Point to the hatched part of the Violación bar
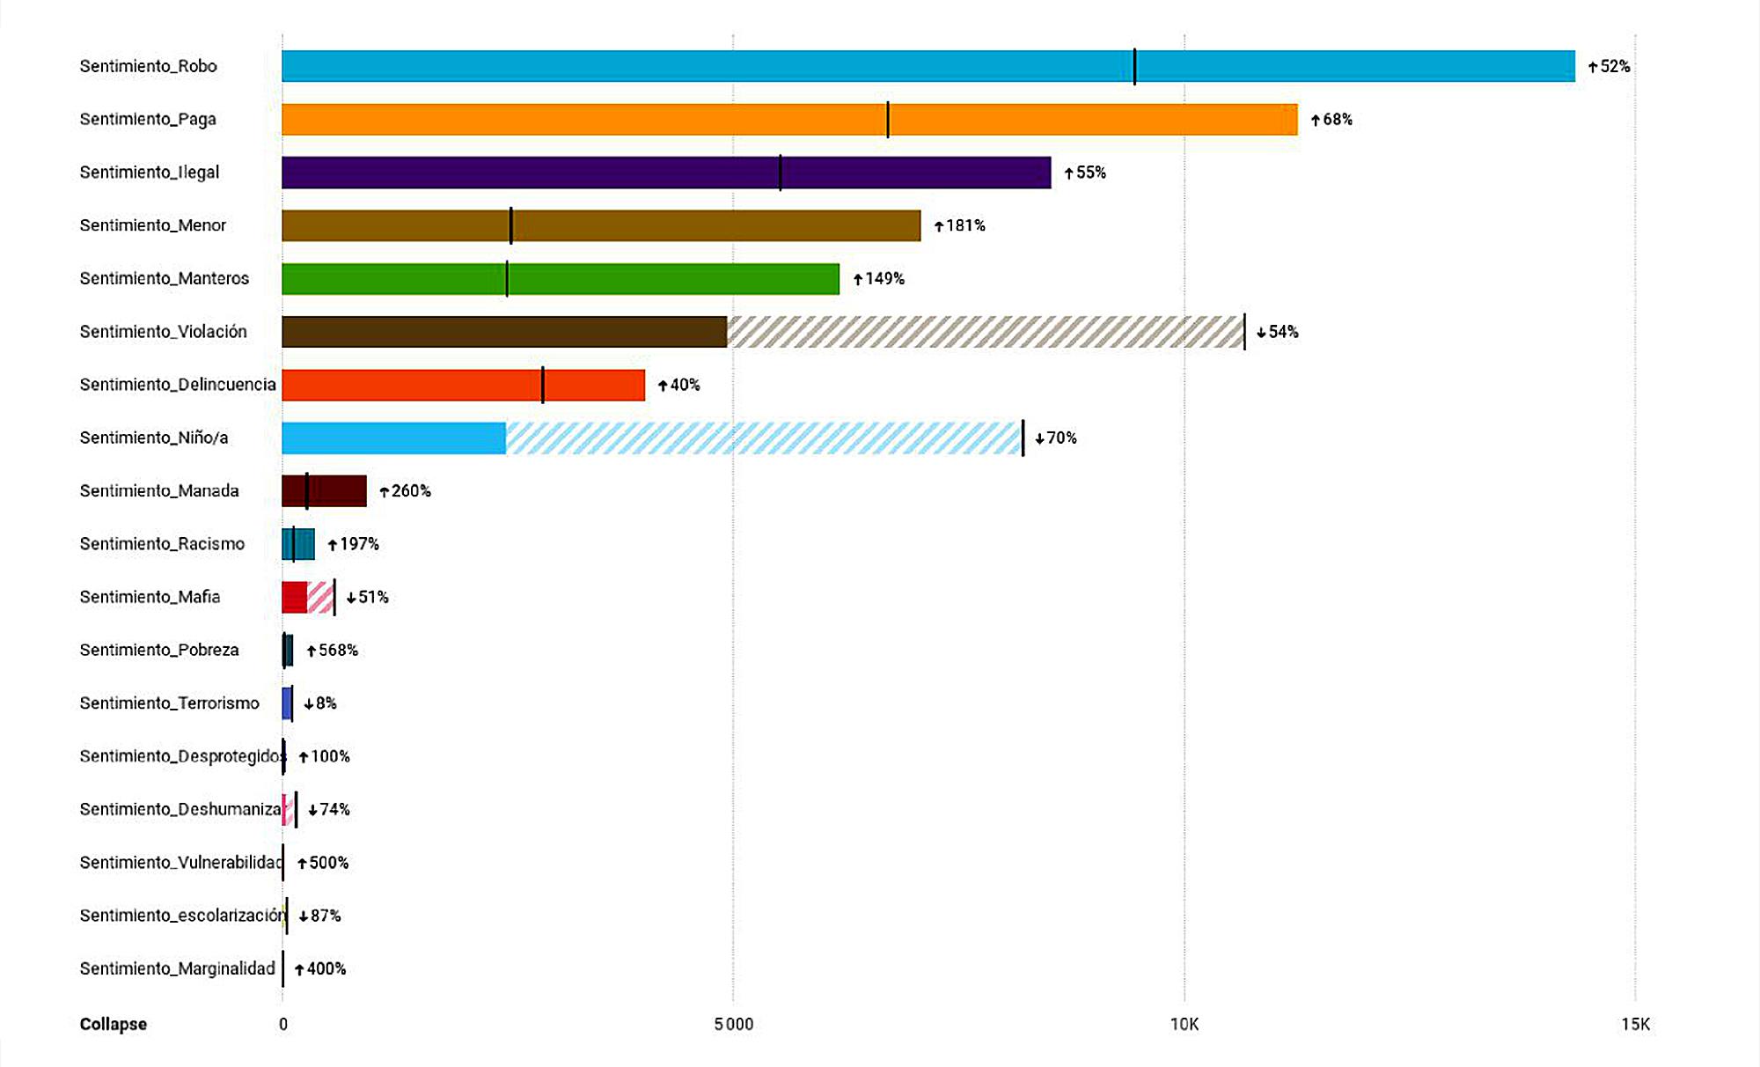tap(986, 332)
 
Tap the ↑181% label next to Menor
tap(960, 226)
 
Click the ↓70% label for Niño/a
tap(1056, 438)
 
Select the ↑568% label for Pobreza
tap(333, 651)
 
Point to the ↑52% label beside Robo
tap(1610, 67)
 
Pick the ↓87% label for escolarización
tap(320, 916)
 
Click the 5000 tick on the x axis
tap(733, 1024)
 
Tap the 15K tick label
tap(1635, 1024)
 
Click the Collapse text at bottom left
tap(114, 1024)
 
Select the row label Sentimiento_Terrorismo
tap(170, 703)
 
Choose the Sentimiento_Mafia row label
tap(150, 597)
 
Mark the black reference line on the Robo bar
tap(1134, 66)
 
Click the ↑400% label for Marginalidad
tap(321, 969)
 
